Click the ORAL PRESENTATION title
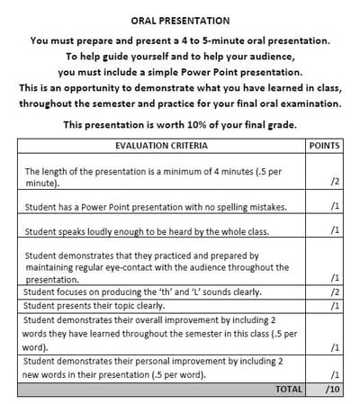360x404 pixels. (180, 20)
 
